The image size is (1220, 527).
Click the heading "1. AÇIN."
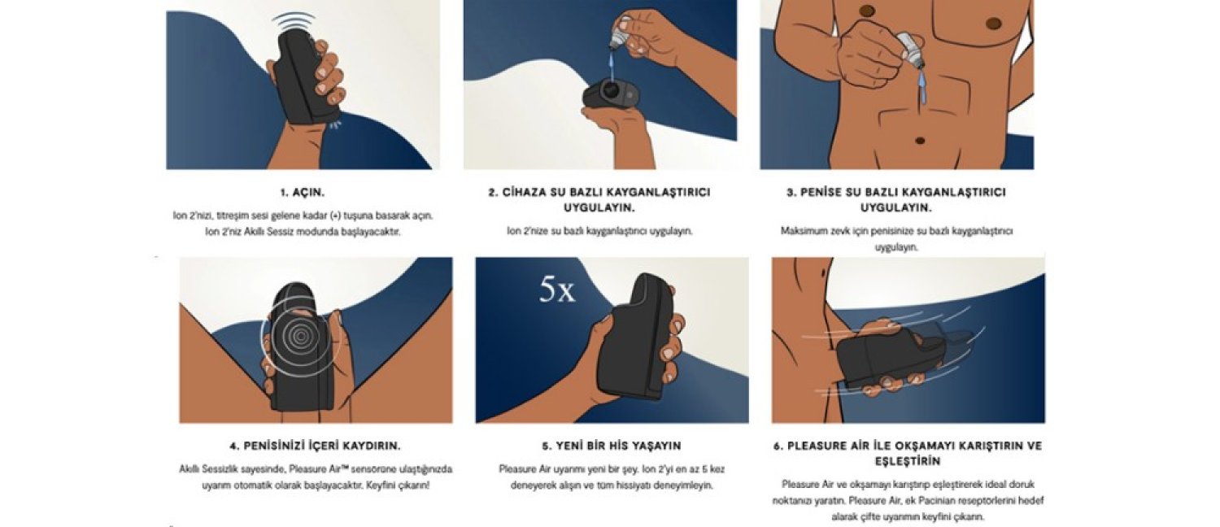pos(303,193)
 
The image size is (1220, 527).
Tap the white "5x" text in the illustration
pos(556,289)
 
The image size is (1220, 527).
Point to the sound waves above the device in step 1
pos(294,22)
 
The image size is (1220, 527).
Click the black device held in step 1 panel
pos(306,77)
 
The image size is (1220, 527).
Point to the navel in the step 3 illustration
pos(920,140)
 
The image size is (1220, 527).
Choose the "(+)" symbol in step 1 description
pos(335,216)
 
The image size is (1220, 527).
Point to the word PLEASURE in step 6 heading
pos(817,446)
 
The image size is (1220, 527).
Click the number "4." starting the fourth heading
pos(235,446)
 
